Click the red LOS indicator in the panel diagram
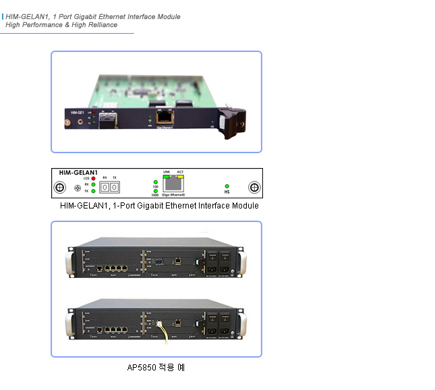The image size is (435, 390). tap(94, 178)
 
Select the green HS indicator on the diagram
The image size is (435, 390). tap(227, 186)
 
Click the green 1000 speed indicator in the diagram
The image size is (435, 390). tap(156, 192)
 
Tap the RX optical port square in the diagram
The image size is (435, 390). tap(105, 186)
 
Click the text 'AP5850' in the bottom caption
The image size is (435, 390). tap(140, 368)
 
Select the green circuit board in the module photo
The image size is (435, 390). tap(148, 84)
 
